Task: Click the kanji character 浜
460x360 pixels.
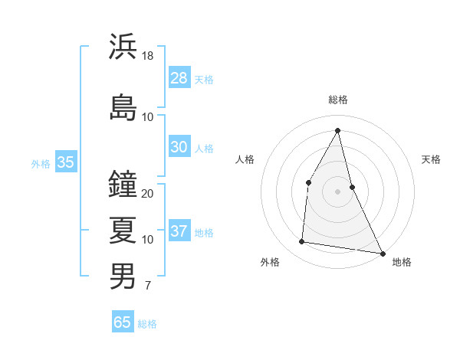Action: (x=123, y=47)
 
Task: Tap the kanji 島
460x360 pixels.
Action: (x=123, y=108)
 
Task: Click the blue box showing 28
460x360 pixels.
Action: (x=179, y=78)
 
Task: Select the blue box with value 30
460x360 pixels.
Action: (x=179, y=147)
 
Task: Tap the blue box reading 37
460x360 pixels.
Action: (x=179, y=231)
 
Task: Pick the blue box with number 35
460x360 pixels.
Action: (x=65, y=162)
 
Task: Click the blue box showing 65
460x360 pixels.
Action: (x=123, y=322)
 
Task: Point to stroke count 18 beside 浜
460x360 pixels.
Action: (x=148, y=56)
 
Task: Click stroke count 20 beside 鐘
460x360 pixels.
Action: (x=148, y=194)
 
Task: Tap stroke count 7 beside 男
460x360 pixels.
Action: (x=147, y=286)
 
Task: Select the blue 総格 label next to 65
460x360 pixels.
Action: (x=147, y=324)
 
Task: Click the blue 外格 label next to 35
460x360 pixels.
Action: (x=41, y=163)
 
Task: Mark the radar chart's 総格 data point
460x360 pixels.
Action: (x=338, y=129)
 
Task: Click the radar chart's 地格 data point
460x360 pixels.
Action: (x=383, y=254)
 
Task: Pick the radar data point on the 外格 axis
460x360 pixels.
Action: (x=302, y=242)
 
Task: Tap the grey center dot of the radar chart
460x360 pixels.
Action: (x=337, y=191)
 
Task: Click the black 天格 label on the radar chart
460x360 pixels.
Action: (x=431, y=159)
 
